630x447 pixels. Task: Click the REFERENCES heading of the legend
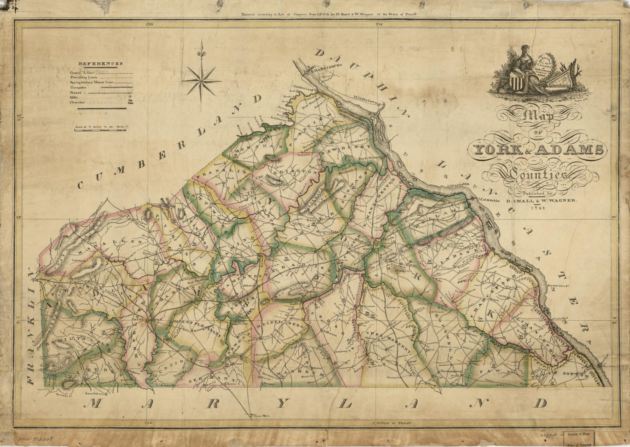click(x=100, y=64)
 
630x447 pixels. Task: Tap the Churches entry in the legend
click(x=77, y=103)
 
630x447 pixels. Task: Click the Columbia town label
click(x=489, y=200)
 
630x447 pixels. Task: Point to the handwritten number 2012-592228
click(x=35, y=439)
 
